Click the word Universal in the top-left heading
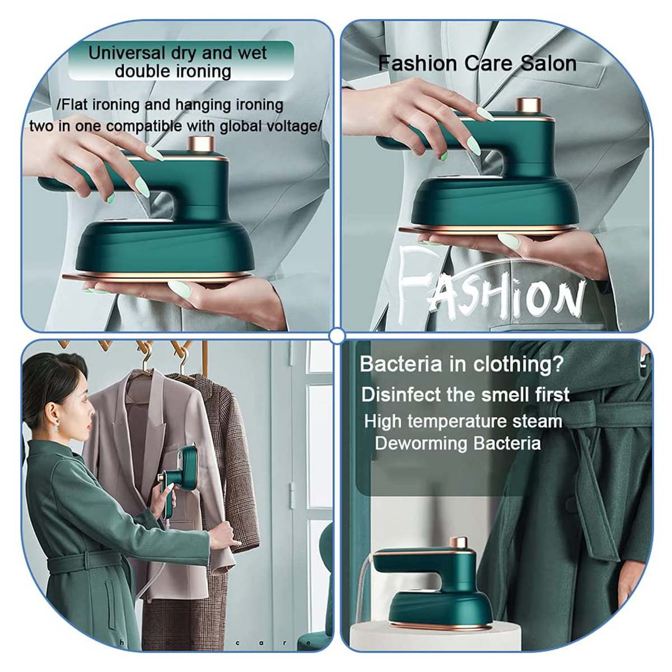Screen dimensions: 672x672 pos(126,53)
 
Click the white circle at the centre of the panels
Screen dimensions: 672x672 pos(336,336)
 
